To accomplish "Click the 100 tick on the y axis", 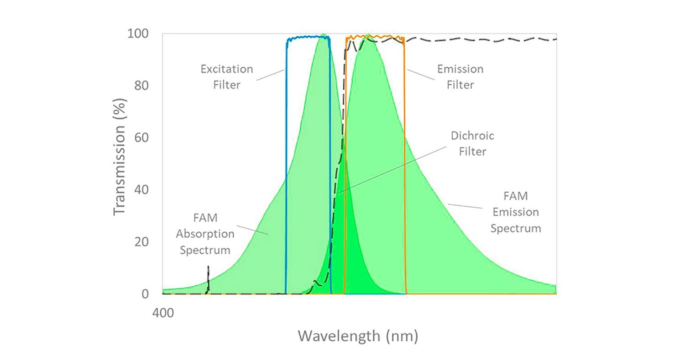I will click(x=139, y=34).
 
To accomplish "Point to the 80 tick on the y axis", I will click(x=143, y=86).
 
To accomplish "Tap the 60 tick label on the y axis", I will click(x=143, y=138).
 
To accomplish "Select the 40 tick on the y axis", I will click(x=143, y=190).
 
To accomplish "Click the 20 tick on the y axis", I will click(x=143, y=242).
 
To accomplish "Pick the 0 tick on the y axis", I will click(x=145, y=294).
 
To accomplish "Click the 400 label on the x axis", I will click(x=163, y=313).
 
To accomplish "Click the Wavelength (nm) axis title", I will click(x=358, y=336).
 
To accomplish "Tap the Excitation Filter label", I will click(x=226, y=77).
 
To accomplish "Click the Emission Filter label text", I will click(x=460, y=77).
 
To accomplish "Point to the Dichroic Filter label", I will click(x=473, y=144).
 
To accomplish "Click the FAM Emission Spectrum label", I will click(x=516, y=212).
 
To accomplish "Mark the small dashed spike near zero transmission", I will click(x=208, y=275).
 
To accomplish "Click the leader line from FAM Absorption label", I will click(x=252, y=229).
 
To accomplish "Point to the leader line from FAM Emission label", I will click(x=465, y=206).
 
